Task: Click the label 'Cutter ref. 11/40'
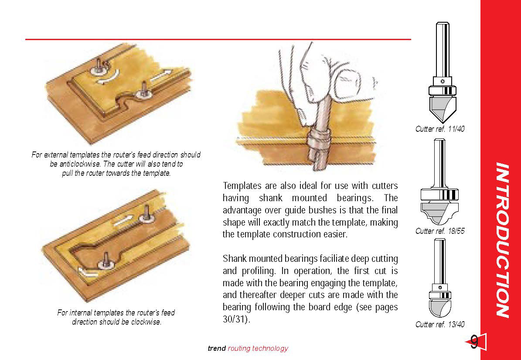coord(440,129)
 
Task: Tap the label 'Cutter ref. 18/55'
coord(440,231)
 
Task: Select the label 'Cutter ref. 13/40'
coord(440,324)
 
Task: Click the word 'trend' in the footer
coord(217,348)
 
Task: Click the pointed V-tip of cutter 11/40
coord(442,123)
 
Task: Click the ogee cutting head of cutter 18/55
coord(439,213)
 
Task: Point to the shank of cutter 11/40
coord(442,50)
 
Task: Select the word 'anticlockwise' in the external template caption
coord(78,164)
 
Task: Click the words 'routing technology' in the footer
coord(258,348)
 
